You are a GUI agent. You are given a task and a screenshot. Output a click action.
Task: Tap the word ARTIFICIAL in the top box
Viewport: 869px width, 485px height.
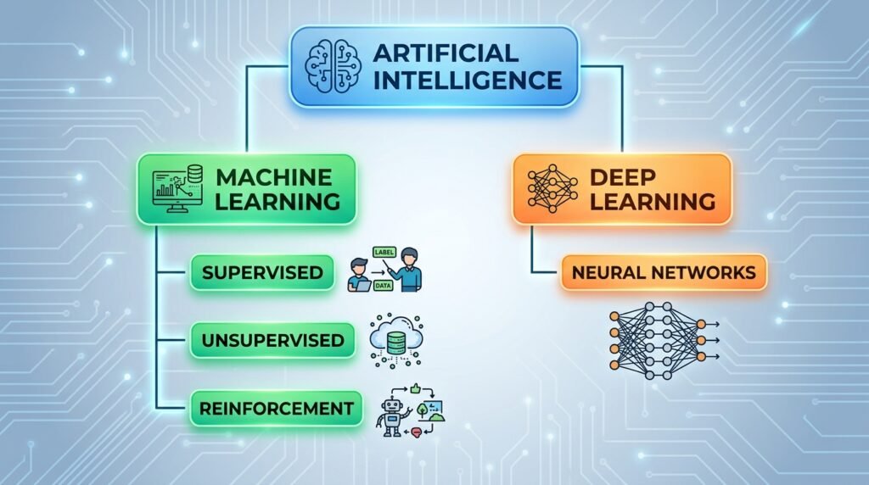coord(446,53)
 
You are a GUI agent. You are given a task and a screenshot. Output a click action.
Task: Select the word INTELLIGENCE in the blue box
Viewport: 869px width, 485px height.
coord(468,81)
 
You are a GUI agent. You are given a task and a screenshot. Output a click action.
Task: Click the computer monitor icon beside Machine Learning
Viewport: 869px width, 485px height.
coord(177,189)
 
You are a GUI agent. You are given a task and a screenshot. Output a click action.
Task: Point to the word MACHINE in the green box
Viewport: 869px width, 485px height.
coord(274,178)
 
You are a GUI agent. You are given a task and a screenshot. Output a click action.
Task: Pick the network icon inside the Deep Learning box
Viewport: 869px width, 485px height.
coord(552,189)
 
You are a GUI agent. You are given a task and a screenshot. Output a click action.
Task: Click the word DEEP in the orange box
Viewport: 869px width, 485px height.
coord(622,178)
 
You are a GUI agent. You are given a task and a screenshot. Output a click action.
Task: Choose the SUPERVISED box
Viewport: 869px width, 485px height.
coord(262,272)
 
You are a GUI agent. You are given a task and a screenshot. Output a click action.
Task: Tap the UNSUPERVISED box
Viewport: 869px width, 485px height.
coord(272,340)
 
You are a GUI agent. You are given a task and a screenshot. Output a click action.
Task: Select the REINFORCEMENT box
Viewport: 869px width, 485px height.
coord(276,409)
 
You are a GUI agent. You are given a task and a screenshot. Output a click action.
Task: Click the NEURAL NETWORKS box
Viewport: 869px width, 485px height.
coord(664,272)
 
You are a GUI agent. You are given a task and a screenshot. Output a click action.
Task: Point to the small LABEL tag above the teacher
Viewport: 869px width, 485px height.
coord(384,253)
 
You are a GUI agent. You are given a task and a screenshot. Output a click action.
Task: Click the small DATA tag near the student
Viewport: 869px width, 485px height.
coord(383,286)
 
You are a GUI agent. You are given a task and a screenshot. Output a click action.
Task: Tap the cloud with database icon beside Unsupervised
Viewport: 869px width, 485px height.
coord(396,340)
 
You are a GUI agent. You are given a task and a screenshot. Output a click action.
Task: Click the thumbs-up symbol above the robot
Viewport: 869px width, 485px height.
coord(415,388)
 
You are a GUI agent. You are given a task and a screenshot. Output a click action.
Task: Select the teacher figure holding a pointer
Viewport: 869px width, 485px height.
coord(408,270)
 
